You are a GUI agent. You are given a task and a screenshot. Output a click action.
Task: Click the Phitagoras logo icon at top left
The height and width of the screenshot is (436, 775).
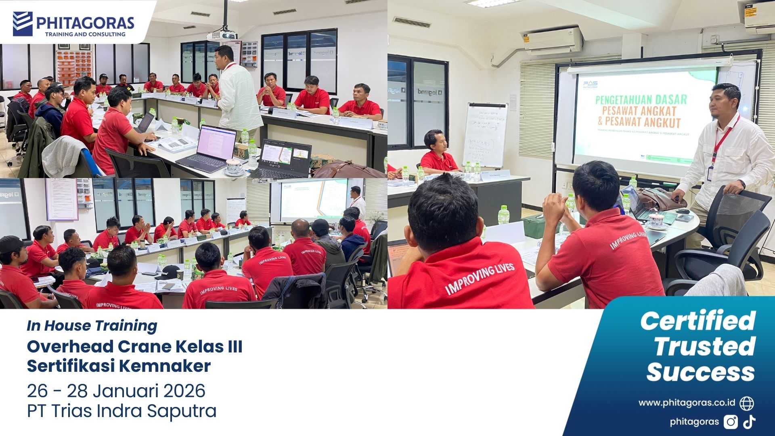coord(23,24)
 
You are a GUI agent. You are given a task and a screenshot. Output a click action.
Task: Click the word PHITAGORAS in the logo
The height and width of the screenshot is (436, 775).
coord(85,22)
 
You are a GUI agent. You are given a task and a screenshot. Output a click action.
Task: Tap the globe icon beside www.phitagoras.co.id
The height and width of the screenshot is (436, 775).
coord(747,403)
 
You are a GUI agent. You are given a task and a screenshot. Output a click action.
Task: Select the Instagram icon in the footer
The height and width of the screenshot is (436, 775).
coord(731,422)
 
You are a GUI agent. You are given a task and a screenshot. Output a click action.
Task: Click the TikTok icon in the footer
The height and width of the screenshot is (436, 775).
coord(750,421)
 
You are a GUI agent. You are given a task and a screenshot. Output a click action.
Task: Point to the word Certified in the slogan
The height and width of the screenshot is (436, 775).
coord(697,321)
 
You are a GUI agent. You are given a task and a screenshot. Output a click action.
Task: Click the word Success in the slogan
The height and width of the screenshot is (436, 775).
coord(700,372)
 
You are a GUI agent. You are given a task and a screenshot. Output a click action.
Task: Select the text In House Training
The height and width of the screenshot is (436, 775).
coord(92,326)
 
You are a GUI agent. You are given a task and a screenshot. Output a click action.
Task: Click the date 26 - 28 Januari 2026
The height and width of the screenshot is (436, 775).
coord(116,391)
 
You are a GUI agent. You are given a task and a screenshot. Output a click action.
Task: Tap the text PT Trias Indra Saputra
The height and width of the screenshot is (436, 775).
coord(121,411)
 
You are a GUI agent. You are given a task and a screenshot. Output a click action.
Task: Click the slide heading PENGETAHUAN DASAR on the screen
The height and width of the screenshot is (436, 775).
coord(635,99)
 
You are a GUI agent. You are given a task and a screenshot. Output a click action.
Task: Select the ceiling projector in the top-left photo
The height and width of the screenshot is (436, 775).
coord(222,36)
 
